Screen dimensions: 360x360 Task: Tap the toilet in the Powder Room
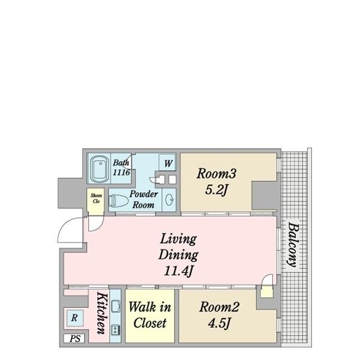tap(118, 200)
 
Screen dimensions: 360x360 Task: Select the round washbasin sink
tap(169, 199)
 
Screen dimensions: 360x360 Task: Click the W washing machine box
tap(167, 163)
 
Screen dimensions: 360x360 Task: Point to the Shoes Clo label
tap(96, 199)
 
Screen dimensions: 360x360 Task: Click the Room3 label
tap(216, 173)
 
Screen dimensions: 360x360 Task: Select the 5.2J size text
tap(216, 190)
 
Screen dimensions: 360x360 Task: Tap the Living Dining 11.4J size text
tap(178, 271)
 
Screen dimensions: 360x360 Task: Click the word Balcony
tap(293, 245)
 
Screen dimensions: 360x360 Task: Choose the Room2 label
tap(219, 307)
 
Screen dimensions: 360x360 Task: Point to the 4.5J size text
tap(219, 323)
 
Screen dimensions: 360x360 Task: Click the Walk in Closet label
tap(149, 315)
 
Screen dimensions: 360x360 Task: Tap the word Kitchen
tap(102, 313)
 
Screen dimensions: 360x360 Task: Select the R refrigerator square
tap(74, 318)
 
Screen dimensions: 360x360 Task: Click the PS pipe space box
tap(75, 338)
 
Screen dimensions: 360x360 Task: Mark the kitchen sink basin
tap(115, 306)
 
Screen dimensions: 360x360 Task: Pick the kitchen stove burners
tap(115, 330)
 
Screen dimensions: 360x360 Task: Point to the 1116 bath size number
tap(121, 172)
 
